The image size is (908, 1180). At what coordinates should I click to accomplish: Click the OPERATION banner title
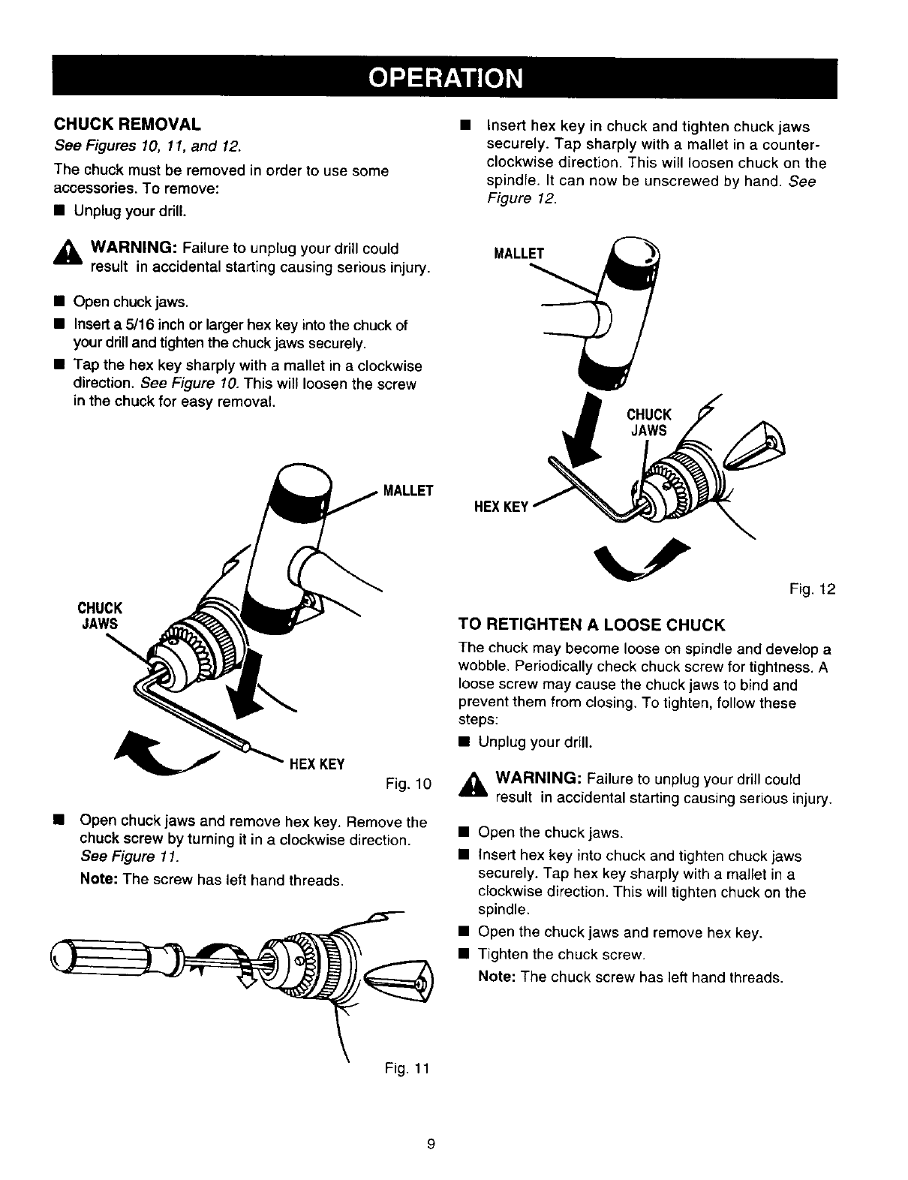pyautogui.click(x=444, y=78)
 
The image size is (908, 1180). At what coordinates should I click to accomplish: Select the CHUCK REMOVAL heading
pyautogui.click(x=126, y=122)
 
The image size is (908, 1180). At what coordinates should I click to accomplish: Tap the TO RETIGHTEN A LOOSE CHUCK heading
pyautogui.click(x=591, y=625)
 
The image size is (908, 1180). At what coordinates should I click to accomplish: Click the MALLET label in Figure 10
pyautogui.click(x=408, y=492)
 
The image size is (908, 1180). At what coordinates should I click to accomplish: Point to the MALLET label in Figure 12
pyautogui.click(x=518, y=253)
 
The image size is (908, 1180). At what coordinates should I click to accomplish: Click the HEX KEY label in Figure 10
pyautogui.click(x=317, y=764)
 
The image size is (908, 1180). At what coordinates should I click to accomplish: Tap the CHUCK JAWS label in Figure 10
pyautogui.click(x=101, y=613)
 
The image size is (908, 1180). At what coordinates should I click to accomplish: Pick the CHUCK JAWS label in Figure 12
pyautogui.click(x=648, y=423)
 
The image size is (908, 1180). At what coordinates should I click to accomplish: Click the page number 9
pyautogui.click(x=431, y=1144)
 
